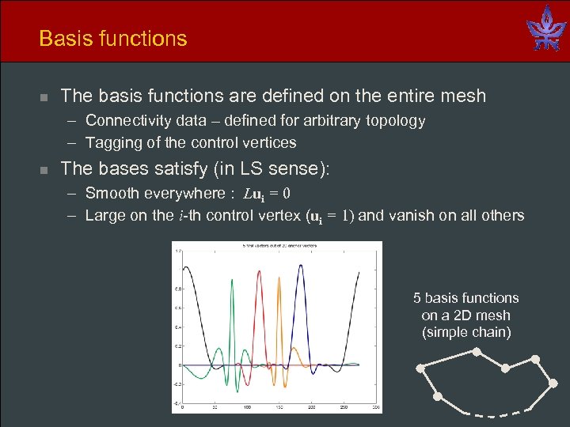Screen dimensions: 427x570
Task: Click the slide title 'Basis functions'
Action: click(x=113, y=39)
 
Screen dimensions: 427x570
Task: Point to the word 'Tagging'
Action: click(x=112, y=143)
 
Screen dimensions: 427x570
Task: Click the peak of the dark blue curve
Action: click(x=302, y=266)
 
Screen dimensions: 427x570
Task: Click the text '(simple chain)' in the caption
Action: click(x=466, y=332)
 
